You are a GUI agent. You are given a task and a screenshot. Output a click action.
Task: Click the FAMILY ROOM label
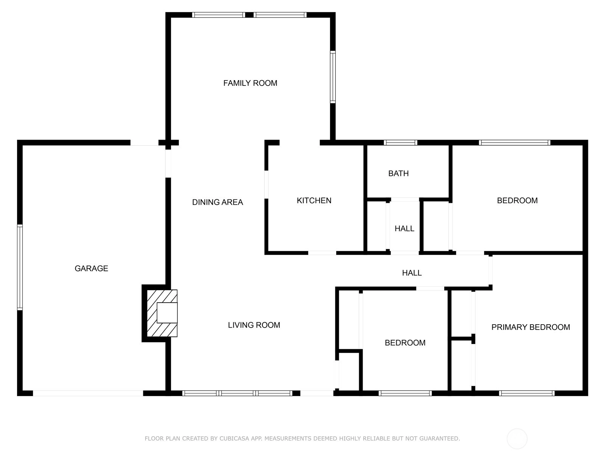tap(250, 83)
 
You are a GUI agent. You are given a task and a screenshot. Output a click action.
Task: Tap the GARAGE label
tap(91, 268)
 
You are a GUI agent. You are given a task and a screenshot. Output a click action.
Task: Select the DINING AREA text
tap(217, 202)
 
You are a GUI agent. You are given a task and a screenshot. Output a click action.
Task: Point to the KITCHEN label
tap(314, 201)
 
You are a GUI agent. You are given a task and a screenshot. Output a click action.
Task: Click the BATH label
tap(398, 173)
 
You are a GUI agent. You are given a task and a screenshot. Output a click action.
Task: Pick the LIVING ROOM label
tap(254, 325)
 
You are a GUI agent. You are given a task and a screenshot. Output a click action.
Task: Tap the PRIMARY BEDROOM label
tap(531, 327)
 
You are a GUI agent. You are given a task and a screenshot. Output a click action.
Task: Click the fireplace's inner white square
tap(167, 313)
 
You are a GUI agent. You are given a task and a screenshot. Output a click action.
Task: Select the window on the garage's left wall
tap(20, 267)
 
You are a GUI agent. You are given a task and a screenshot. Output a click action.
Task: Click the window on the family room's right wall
tap(333, 77)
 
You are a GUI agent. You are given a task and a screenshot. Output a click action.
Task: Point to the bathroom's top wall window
tap(400, 143)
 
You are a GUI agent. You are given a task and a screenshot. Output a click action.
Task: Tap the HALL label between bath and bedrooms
tap(404, 229)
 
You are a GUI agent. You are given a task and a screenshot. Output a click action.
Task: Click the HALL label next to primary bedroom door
tap(412, 273)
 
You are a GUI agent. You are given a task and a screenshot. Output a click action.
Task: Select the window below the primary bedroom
tap(527, 393)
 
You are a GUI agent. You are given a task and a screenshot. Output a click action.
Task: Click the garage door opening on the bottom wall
tap(88, 393)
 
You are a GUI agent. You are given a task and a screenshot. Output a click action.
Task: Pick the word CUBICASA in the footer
tap(234, 438)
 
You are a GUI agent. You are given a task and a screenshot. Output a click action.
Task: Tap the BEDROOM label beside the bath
tap(517, 201)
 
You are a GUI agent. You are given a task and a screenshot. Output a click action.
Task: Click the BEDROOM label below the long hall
tap(405, 343)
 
